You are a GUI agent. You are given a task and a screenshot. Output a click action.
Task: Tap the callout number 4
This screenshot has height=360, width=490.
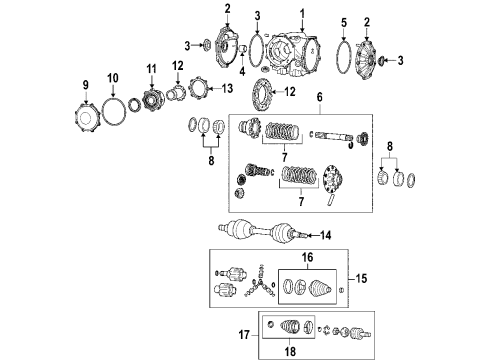tap(242, 70)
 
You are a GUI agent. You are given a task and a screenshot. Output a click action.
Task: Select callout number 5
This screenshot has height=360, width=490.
tap(343, 22)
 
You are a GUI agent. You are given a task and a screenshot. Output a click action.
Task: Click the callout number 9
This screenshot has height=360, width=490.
tap(85, 84)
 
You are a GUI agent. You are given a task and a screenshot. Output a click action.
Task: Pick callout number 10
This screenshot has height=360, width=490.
tap(113, 76)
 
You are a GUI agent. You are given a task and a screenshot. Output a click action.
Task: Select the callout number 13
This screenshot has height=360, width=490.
tap(227, 88)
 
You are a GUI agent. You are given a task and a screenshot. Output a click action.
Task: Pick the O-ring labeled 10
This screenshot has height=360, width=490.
tap(113, 107)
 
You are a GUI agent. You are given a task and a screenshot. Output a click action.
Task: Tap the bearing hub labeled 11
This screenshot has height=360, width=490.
tap(153, 99)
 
